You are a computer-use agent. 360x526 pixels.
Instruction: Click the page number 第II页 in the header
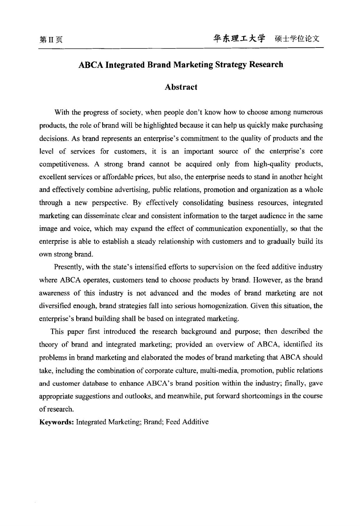[x=51, y=40]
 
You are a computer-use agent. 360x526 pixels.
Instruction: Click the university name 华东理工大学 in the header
[x=239, y=38]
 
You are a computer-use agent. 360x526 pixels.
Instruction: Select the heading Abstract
[x=181, y=87]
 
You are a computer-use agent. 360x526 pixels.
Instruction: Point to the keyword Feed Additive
[x=187, y=422]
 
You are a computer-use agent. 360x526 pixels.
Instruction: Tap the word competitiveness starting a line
[x=64, y=164]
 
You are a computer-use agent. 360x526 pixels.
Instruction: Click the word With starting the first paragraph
[x=61, y=112]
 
